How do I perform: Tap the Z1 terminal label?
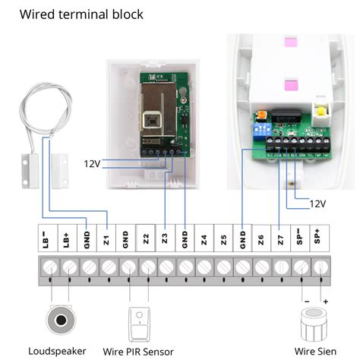coord(106,239)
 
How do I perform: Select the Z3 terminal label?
coord(165,239)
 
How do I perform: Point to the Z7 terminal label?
coord(281,239)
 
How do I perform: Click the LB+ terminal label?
coord(68,239)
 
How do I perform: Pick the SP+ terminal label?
coord(320,239)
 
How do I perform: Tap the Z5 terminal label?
coord(223,239)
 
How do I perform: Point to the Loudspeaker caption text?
coord(57,350)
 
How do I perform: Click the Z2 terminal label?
coord(145,239)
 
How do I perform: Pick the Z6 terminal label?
coord(261,239)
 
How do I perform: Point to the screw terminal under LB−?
coord(49,267)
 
